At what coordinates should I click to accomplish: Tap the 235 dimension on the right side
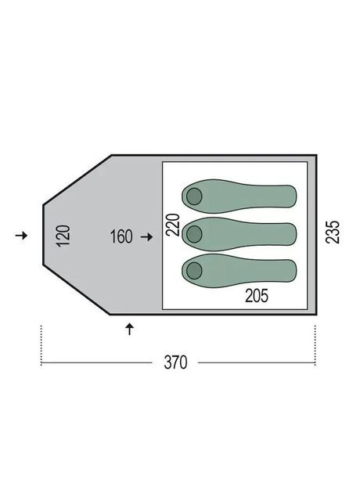(x=335, y=234)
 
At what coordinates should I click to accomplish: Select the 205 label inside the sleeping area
(x=256, y=296)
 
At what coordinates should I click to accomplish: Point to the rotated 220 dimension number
(x=173, y=225)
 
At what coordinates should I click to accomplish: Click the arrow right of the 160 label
(x=146, y=236)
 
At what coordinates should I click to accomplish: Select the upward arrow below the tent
(x=130, y=329)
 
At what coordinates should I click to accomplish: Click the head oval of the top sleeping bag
(x=193, y=197)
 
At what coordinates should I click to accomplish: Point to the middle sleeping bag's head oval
(x=193, y=233)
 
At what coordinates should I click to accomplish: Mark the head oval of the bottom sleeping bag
(x=193, y=271)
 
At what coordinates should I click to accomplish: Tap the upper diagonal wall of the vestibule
(x=76, y=179)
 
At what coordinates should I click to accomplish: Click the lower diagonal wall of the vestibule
(x=76, y=291)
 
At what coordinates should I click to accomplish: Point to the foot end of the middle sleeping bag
(x=291, y=233)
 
